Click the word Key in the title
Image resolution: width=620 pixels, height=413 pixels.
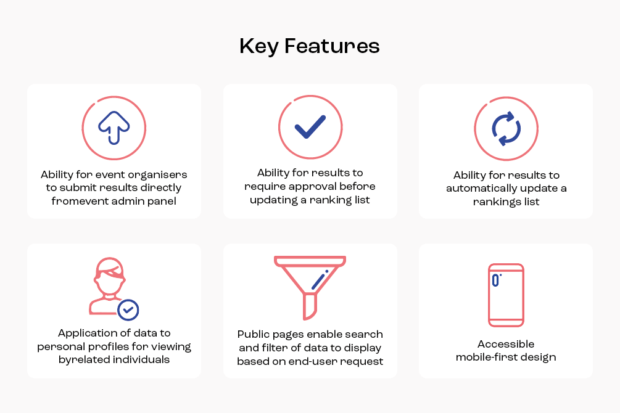click(x=258, y=47)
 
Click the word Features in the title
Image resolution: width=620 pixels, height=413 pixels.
click(x=332, y=46)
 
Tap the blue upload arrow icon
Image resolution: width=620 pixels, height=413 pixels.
click(x=114, y=127)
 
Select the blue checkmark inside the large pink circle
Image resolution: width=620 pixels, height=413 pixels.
click(x=310, y=127)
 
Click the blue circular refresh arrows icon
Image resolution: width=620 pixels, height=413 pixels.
click(x=506, y=128)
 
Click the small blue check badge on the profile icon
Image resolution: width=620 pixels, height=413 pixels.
click(x=128, y=310)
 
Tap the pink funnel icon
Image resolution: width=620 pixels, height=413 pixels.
click(x=310, y=287)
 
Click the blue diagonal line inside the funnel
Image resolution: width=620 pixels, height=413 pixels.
click(x=320, y=280)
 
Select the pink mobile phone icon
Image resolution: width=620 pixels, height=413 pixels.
click(x=506, y=295)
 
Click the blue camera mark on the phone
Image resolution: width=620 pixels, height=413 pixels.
click(x=496, y=280)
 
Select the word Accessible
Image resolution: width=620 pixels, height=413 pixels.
click(x=506, y=344)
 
